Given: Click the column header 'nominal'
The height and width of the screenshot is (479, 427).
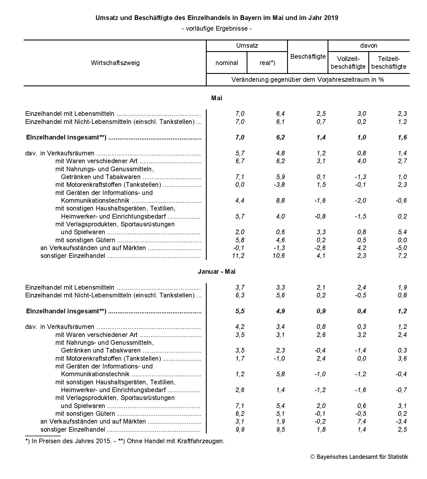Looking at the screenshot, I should click(x=227, y=63).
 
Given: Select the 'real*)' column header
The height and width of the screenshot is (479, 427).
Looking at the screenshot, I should click(x=267, y=63).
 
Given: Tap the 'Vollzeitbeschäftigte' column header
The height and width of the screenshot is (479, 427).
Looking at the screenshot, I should click(x=348, y=63).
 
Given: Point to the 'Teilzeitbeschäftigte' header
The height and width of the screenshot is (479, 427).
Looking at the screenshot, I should click(x=389, y=63).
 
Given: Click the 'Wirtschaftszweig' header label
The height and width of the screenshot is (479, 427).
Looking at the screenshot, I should click(x=115, y=63).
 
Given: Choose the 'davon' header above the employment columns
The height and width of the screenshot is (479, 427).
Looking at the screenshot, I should click(x=369, y=46).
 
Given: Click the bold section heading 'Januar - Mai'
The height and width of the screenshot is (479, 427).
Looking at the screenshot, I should click(x=217, y=271).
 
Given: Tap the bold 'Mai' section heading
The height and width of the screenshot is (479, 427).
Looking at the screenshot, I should click(x=217, y=98).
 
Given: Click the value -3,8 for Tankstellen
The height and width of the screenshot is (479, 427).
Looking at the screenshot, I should click(x=279, y=184).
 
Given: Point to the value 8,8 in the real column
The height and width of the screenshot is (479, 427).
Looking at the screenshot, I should click(x=280, y=200).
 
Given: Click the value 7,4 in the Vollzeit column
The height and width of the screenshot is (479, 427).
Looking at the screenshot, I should click(x=361, y=421).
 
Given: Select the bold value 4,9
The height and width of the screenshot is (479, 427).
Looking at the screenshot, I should click(x=280, y=311).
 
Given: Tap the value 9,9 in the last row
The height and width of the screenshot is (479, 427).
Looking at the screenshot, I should click(x=240, y=429).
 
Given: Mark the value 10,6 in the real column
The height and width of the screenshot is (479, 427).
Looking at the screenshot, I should click(x=279, y=256).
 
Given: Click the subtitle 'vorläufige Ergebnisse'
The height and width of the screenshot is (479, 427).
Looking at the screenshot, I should click(x=217, y=29).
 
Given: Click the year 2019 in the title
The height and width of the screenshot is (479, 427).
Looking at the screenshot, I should click(x=331, y=18).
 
